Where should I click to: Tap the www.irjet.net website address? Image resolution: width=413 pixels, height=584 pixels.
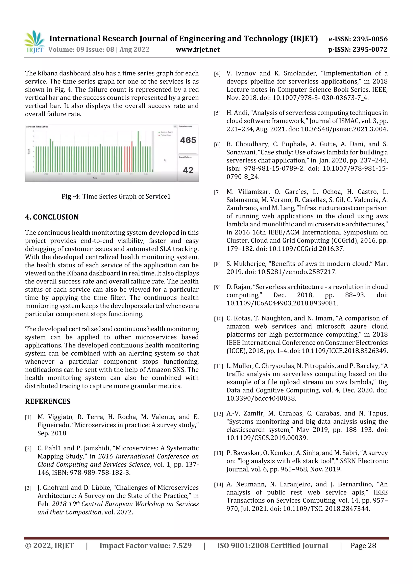(x=197, y=50)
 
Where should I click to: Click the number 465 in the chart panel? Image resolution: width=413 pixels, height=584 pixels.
(x=188, y=140)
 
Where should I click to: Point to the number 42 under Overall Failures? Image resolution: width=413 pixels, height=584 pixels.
(x=188, y=170)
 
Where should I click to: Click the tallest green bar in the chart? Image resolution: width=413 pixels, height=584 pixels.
(x=138, y=151)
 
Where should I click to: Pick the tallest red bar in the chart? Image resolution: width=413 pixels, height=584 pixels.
(x=132, y=156)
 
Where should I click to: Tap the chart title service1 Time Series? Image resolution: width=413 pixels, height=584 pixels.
(x=37, y=127)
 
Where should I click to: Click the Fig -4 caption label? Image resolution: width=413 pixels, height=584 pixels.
(x=70, y=196)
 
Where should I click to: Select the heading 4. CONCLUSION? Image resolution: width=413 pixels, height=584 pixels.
(x=52, y=217)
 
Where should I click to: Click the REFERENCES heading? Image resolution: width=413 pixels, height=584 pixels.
(x=48, y=401)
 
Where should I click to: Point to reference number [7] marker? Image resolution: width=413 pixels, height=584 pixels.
(x=217, y=192)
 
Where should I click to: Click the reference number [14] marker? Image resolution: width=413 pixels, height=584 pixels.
(x=218, y=485)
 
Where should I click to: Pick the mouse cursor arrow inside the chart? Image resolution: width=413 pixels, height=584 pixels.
(x=165, y=160)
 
